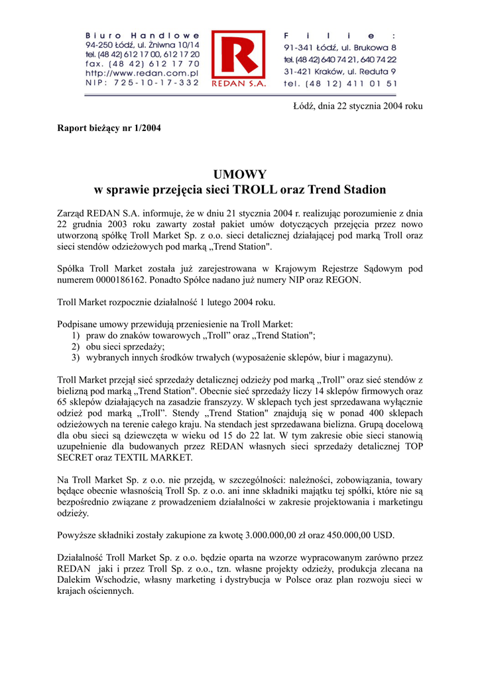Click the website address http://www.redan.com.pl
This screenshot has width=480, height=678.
(x=143, y=73)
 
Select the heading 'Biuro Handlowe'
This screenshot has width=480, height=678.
(x=143, y=34)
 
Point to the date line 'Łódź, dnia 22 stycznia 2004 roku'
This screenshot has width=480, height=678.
(x=358, y=106)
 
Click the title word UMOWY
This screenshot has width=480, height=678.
(x=239, y=175)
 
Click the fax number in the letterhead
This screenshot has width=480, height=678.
(x=143, y=64)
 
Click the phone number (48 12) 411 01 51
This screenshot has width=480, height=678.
(x=340, y=83)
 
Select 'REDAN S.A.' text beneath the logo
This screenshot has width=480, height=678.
(x=238, y=84)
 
